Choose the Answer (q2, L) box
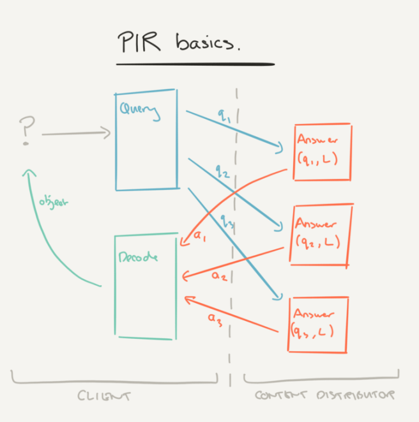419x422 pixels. (x=321, y=233)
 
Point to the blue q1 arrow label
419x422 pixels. (x=224, y=116)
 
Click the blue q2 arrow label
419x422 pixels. (x=222, y=171)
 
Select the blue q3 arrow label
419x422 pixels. (x=228, y=221)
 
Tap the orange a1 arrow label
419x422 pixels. (x=201, y=237)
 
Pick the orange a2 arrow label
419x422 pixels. (x=219, y=276)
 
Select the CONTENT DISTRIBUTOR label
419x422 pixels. (x=324, y=395)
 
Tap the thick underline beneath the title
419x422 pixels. (x=195, y=64)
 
